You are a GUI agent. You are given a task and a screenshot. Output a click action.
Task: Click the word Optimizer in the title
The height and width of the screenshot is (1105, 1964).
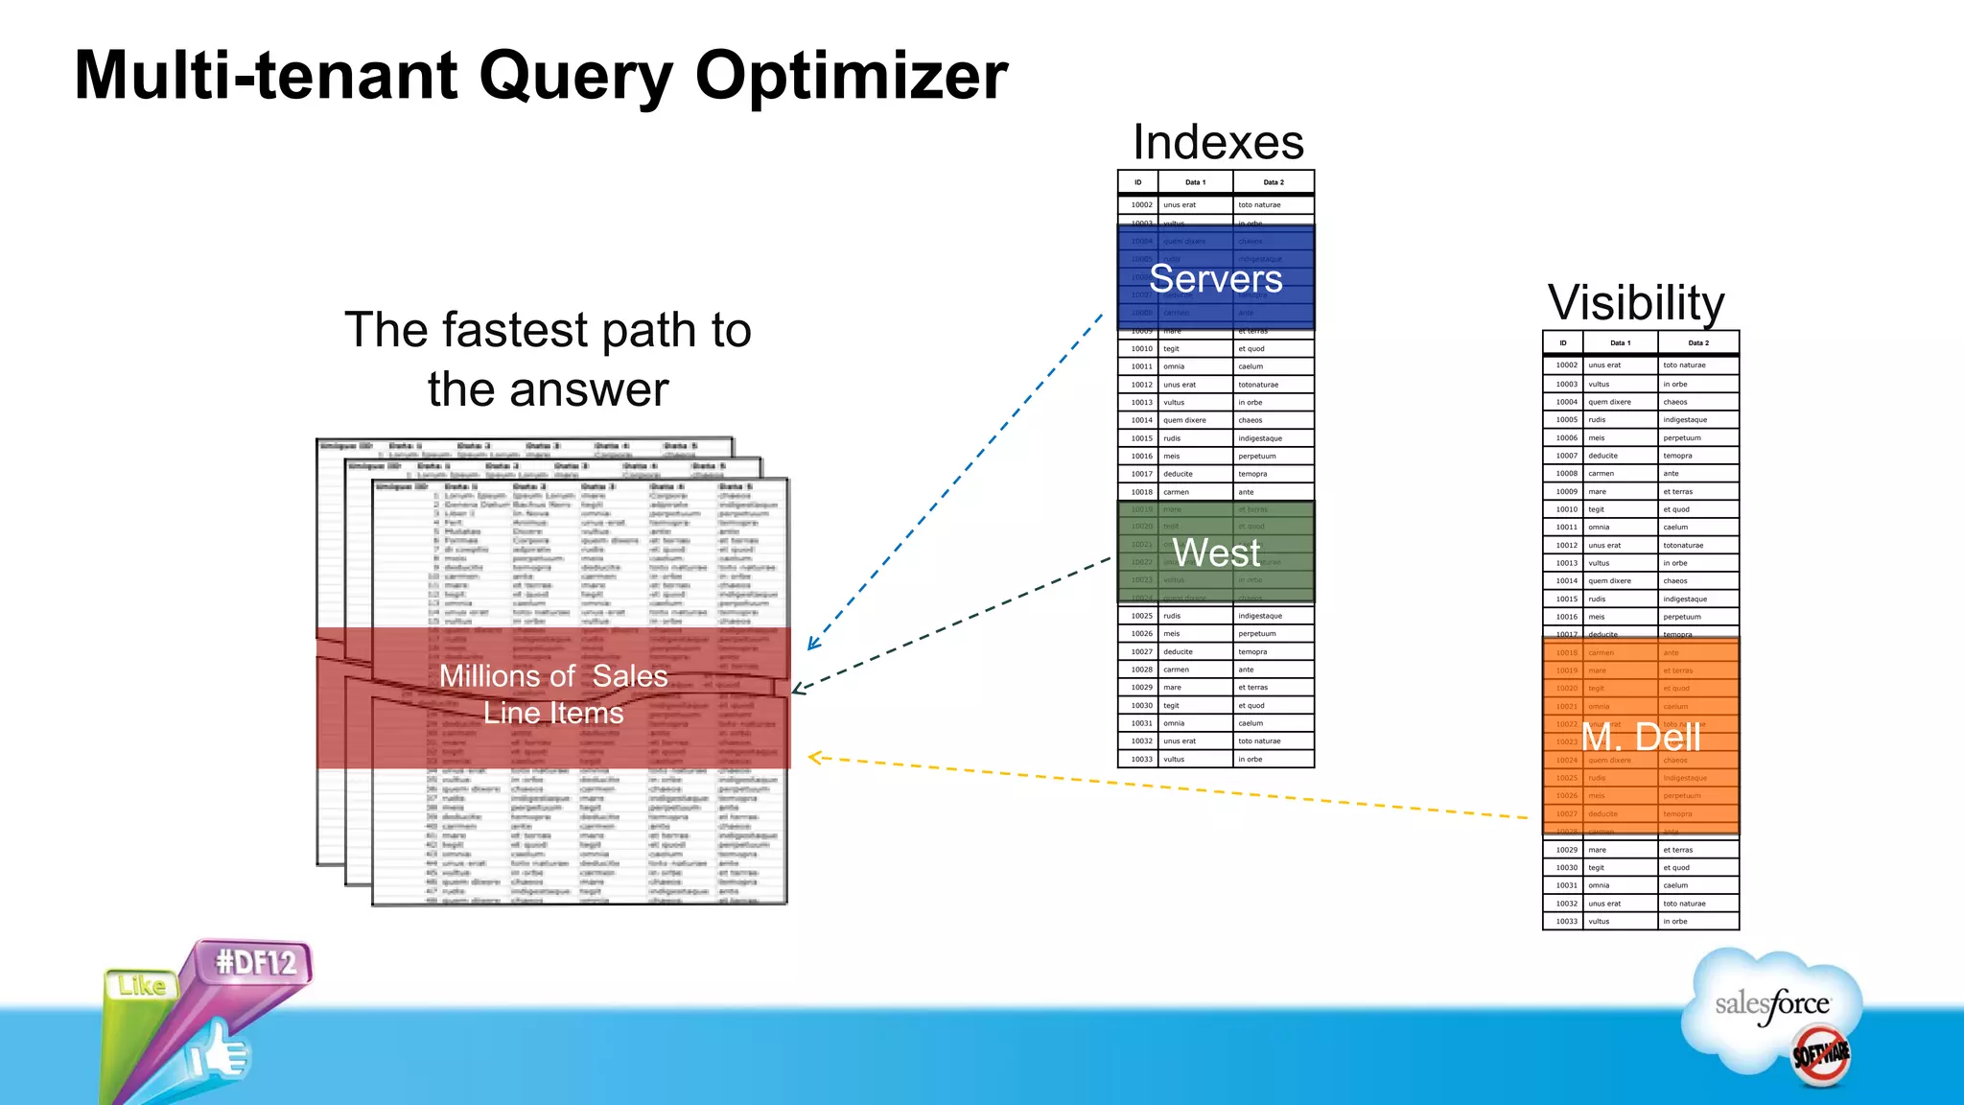click(x=851, y=77)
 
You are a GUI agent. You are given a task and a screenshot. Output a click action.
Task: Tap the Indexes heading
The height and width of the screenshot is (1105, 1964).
click(x=1218, y=142)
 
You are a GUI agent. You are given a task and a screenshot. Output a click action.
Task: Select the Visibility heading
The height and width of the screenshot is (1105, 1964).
click(x=1636, y=303)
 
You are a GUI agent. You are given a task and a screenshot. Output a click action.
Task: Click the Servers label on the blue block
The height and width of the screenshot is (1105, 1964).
click(x=1215, y=279)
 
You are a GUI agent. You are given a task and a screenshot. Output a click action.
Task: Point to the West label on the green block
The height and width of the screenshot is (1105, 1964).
click(x=1215, y=552)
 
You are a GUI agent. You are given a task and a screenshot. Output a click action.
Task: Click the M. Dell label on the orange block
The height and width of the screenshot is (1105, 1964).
click(x=1641, y=737)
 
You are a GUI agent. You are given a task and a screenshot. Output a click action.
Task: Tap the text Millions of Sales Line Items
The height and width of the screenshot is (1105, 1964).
click(x=553, y=694)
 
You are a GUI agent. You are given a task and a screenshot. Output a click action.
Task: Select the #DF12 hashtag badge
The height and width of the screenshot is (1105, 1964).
click(x=255, y=962)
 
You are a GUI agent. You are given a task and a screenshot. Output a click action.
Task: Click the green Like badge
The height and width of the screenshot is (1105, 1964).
click(x=142, y=986)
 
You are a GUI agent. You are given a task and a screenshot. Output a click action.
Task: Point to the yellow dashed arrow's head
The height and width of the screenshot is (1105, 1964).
click(x=813, y=758)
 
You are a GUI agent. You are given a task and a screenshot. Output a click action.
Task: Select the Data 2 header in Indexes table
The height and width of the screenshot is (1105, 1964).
click(x=1273, y=182)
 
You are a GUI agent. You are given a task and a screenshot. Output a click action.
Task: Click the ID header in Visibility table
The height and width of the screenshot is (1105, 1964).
click(x=1562, y=342)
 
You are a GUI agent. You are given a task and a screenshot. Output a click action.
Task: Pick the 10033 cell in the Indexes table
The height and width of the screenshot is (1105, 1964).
click(x=1141, y=759)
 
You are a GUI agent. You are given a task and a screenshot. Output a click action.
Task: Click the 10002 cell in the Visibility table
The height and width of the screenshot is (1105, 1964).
click(x=1566, y=365)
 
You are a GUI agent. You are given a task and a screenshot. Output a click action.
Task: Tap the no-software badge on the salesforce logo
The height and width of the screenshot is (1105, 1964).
click(x=1820, y=1055)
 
